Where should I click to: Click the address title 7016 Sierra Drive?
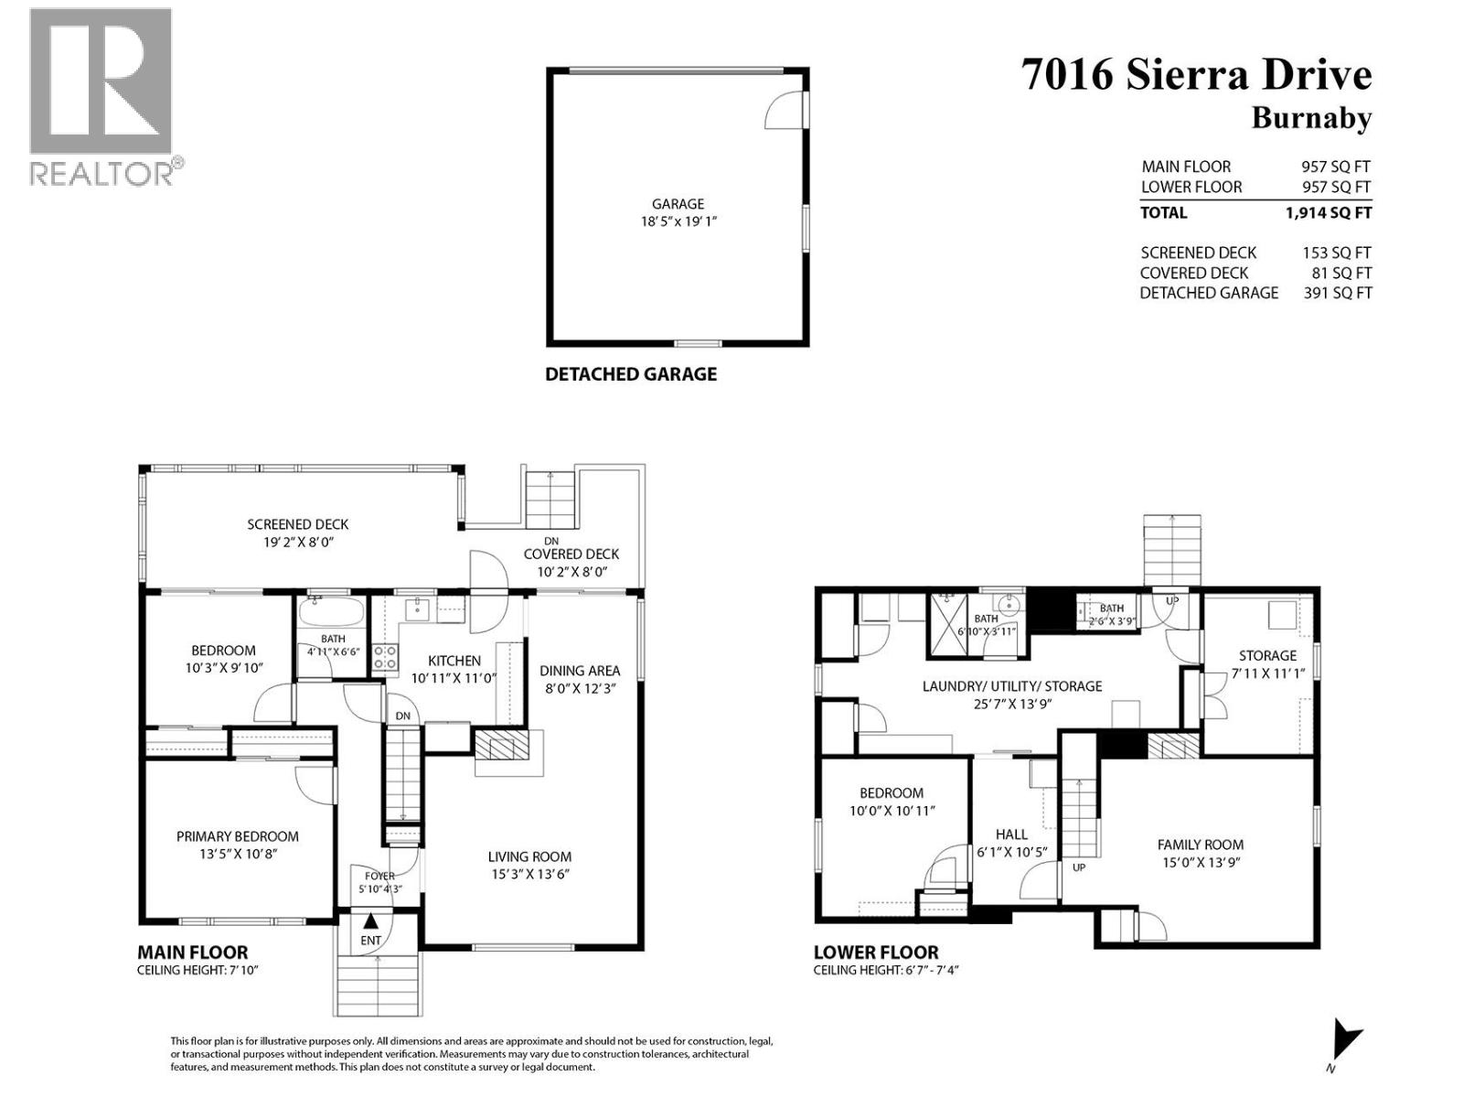pos(1196,75)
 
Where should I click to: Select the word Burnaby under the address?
pos(1310,119)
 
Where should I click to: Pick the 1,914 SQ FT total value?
pos(1328,213)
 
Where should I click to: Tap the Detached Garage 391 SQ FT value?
pos(1337,294)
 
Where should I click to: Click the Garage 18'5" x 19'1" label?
pos(678,212)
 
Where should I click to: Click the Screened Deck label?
pos(298,533)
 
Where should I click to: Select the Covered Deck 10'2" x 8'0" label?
pos(571,563)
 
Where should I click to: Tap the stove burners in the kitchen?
pos(385,656)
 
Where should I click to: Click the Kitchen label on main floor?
pos(454,661)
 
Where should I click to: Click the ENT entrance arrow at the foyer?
pos(371,926)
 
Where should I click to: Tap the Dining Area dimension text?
pos(579,689)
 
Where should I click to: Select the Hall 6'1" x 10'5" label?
pos(1011,843)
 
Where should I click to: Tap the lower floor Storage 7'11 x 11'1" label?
pos(1267,663)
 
